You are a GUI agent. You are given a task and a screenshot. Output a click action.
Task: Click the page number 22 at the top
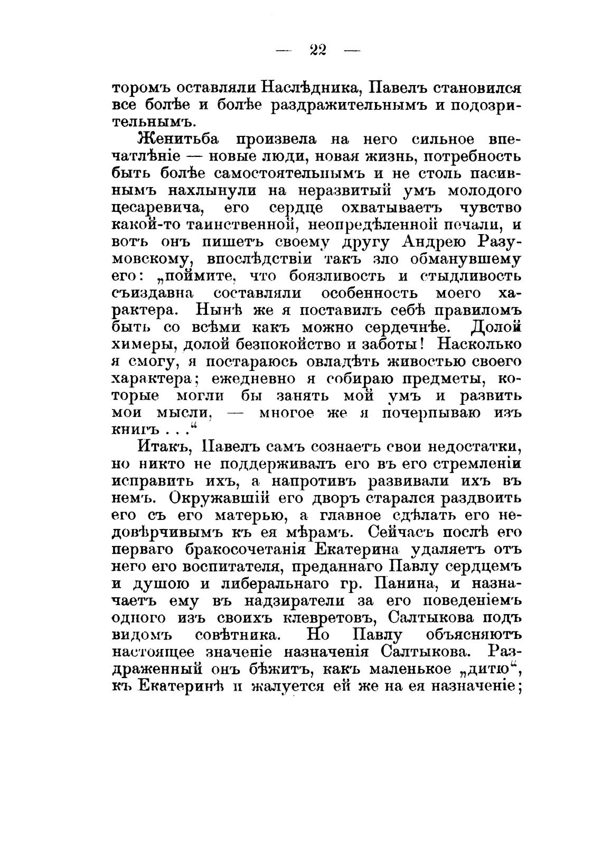(x=318, y=50)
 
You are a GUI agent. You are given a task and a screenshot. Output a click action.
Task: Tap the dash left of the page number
(x=284, y=51)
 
